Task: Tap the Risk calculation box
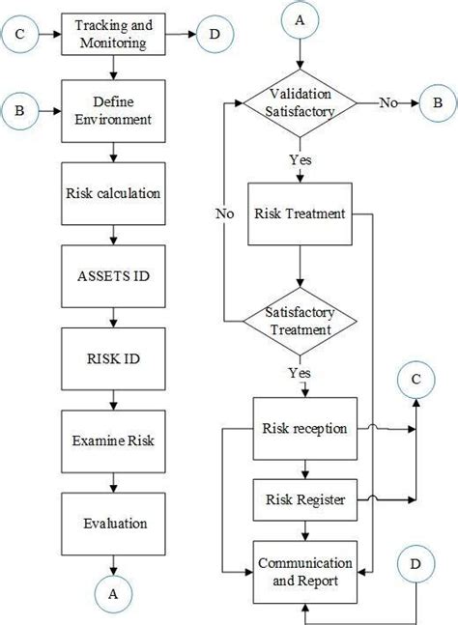click(x=114, y=193)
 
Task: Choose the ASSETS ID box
click(x=114, y=275)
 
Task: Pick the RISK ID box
click(x=114, y=357)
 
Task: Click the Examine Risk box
click(x=114, y=440)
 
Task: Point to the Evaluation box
click(x=114, y=524)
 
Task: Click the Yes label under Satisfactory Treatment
click(x=299, y=372)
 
